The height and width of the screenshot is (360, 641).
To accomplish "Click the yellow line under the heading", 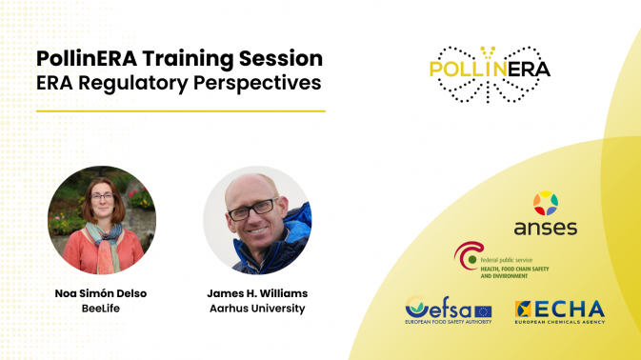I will [x=181, y=110].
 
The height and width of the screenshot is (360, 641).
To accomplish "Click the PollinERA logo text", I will [x=490, y=69].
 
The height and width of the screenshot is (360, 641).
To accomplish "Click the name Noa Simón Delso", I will [x=101, y=294].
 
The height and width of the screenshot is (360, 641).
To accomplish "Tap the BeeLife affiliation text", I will [x=101, y=309].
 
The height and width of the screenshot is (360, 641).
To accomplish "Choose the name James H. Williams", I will [x=257, y=294].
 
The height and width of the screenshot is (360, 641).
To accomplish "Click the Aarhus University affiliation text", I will [x=257, y=309].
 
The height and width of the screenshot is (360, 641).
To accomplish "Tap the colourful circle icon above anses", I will [x=545, y=203].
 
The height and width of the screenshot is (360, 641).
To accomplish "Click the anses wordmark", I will [x=545, y=229].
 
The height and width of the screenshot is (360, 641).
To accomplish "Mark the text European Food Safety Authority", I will [x=448, y=325].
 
